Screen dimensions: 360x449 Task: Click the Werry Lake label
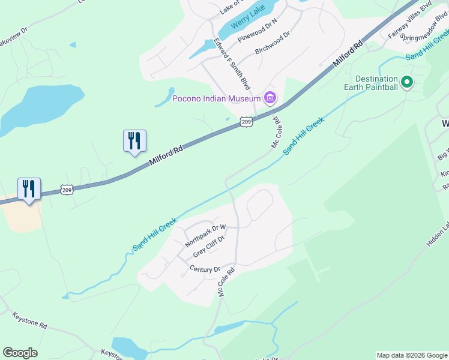coord(249,19)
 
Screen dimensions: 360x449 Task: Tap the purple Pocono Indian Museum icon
coord(270,98)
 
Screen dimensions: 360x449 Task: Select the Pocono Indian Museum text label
coord(216,98)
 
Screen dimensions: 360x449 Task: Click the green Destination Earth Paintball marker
coord(406,82)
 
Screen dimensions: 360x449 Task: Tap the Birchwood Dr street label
coord(273,44)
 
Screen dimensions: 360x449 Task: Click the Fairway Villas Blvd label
coord(411,20)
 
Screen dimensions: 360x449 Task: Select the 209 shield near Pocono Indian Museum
coord(246,122)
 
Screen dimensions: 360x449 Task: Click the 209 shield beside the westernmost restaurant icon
coord(67,190)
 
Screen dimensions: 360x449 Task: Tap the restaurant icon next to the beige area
coord(29,189)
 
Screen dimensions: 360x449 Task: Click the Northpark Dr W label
coord(205,236)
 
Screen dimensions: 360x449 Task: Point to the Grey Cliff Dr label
coord(208,247)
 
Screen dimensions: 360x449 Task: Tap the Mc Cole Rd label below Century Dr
coord(226,283)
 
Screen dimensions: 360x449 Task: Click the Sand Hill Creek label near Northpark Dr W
coord(155,235)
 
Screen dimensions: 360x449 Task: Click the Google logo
coord(20,353)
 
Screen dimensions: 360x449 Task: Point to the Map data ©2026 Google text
coord(412,355)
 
